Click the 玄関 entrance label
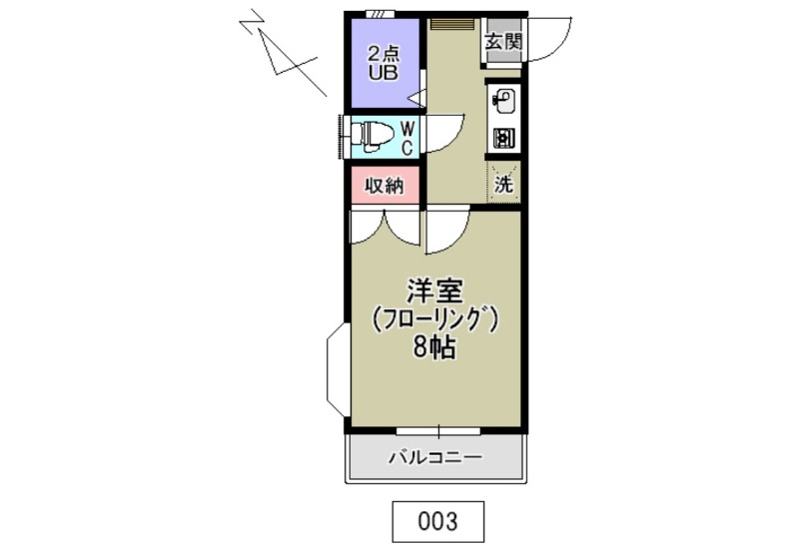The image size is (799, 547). point(503,42)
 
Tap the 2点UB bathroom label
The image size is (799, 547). point(382,62)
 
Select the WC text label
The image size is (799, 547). point(407,138)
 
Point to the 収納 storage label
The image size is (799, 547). point(385,186)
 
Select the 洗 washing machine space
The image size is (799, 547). point(504,183)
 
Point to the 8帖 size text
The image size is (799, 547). point(434,348)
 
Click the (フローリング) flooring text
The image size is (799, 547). point(434,320)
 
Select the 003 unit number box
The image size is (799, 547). point(436,520)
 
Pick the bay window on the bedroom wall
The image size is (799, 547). point(337,372)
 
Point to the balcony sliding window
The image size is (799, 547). point(437,430)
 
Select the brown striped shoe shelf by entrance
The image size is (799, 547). point(454,22)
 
